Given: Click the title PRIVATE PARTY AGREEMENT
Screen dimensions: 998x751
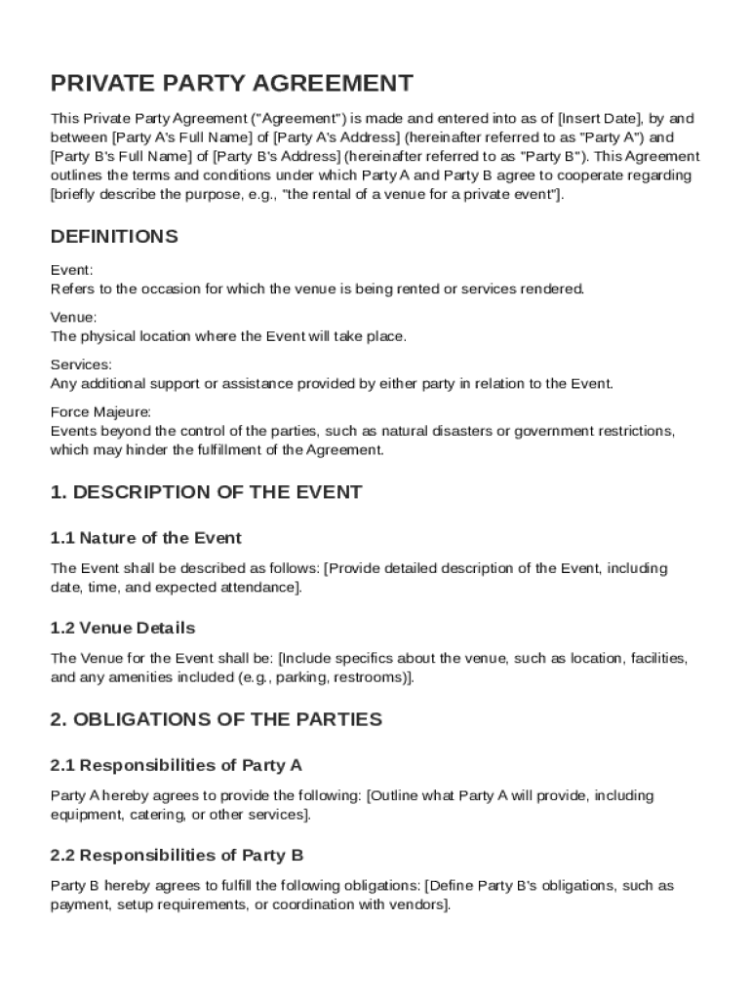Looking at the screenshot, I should [232, 83].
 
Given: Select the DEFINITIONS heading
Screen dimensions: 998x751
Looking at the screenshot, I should [114, 237].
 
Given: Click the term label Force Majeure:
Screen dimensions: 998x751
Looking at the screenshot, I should [100, 412].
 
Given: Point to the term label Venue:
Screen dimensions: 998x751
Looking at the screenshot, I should [73, 318].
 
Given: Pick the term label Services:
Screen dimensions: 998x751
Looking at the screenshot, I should [81, 365].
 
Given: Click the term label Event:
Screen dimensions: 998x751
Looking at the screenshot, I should [71, 271].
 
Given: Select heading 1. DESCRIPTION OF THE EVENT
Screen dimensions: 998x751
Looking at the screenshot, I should [206, 492].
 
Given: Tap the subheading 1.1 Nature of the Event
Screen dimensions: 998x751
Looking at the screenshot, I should [145, 538].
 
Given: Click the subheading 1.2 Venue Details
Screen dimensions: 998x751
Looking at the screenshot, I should [123, 628].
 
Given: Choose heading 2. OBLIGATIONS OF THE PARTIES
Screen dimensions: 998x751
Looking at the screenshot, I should [216, 719].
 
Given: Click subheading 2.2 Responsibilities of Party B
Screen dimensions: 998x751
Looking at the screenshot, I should [177, 856].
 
